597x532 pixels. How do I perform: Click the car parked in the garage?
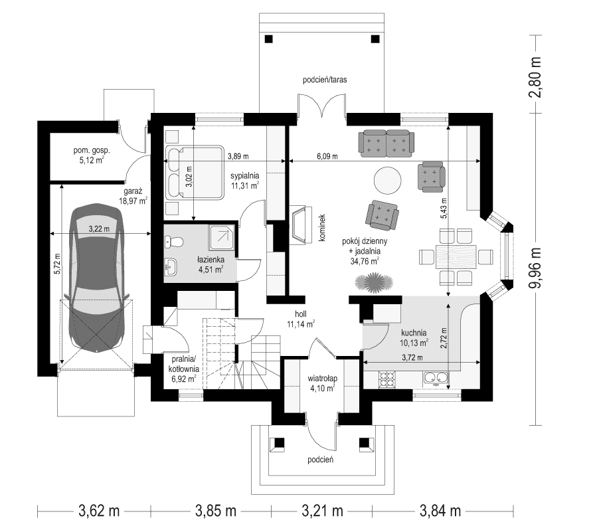coord(98,279)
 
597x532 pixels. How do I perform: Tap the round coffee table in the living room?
coord(387,179)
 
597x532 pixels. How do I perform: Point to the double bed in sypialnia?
coord(194,171)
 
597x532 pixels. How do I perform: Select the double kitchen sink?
coord(435,379)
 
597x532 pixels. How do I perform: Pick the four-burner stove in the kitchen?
coord(387,379)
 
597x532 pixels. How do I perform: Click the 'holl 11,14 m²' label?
coord(299,320)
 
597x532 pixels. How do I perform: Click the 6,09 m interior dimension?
coord(325,157)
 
